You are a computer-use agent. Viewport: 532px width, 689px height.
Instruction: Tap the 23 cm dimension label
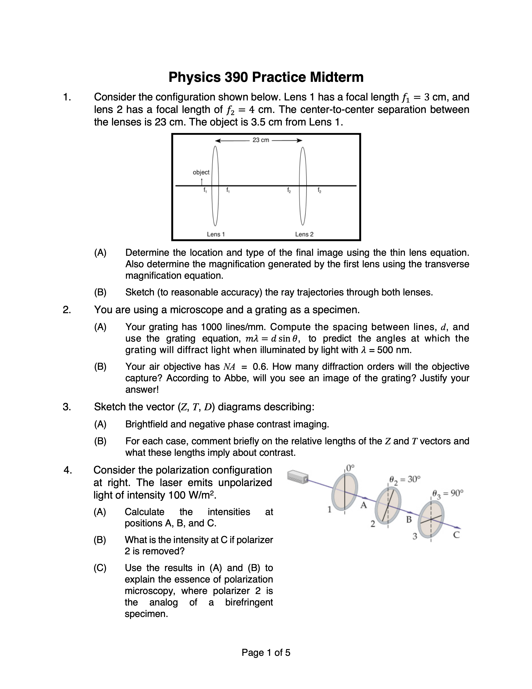pos(261,140)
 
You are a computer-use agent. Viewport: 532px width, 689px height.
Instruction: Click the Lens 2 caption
pos(304,234)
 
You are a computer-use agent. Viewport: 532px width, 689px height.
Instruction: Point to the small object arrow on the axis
pos(201,182)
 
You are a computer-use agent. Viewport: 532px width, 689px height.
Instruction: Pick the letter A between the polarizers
pos(364,505)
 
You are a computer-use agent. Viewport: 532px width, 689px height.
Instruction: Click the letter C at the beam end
pos(456,535)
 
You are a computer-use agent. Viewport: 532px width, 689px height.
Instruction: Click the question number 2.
pos(67,310)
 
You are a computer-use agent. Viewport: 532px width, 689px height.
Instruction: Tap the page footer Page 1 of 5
pos(266,652)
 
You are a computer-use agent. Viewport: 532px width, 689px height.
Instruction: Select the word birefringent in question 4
pos(249,602)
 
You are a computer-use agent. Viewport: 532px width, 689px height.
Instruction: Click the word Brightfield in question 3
pos(146,424)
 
